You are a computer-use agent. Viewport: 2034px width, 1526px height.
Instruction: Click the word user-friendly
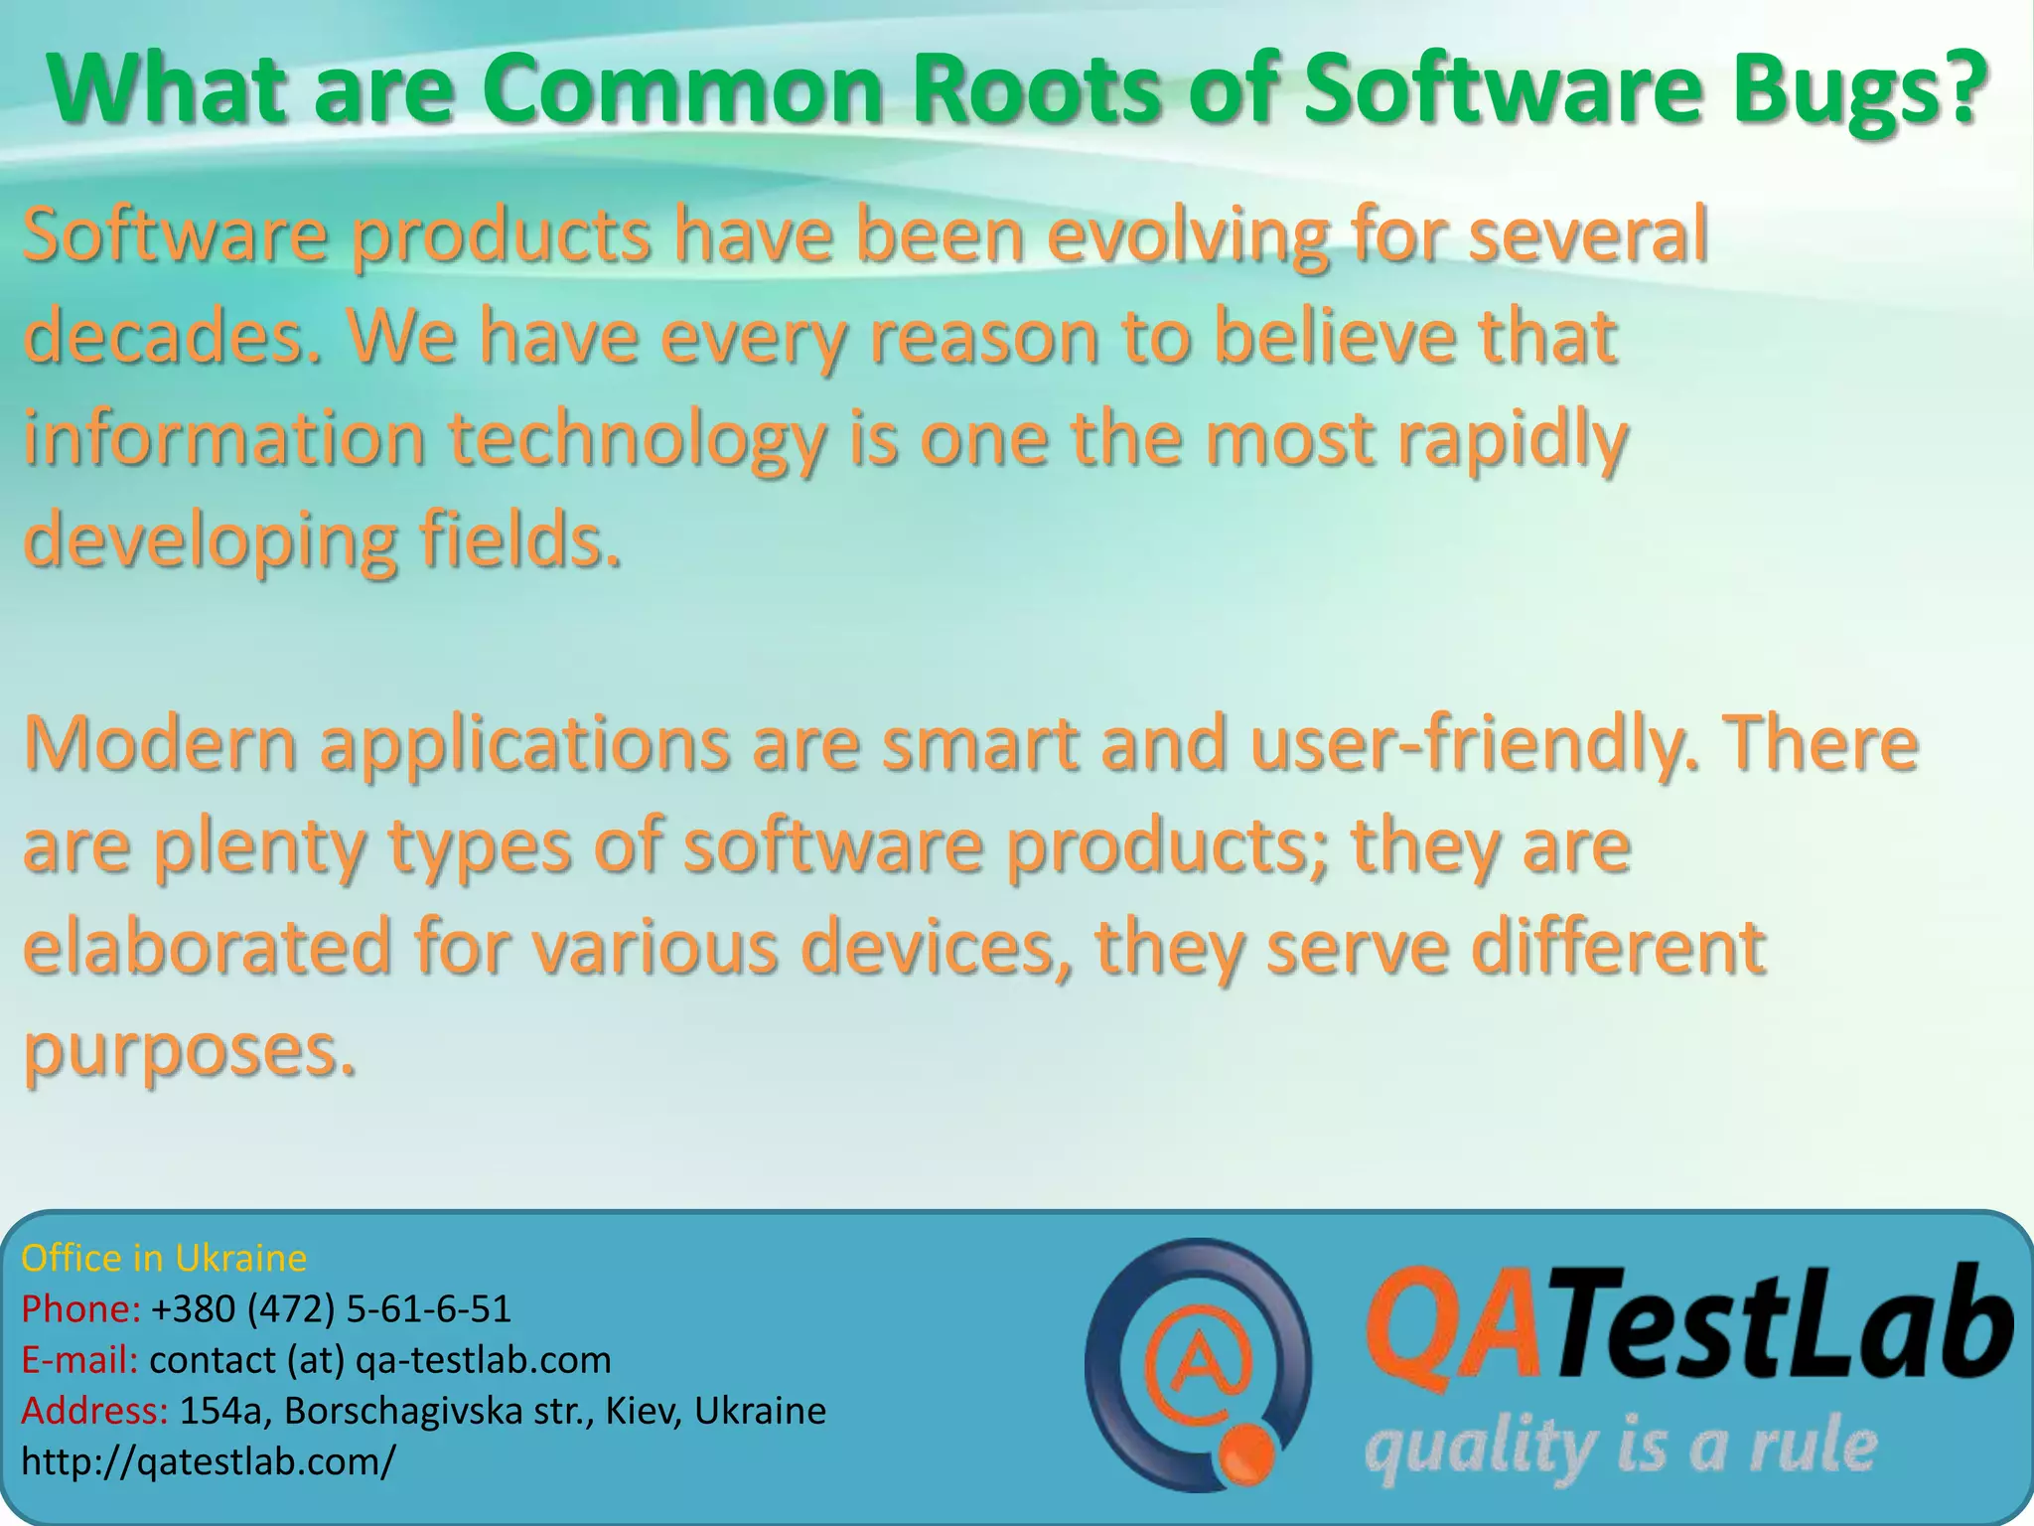pos(1474,745)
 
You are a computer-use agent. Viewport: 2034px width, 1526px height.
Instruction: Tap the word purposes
pos(189,1051)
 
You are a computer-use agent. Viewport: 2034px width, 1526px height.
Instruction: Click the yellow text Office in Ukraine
pos(164,1259)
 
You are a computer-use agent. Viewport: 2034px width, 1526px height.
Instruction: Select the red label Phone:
pos(80,1309)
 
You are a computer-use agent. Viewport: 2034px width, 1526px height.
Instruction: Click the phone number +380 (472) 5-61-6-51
pos(331,1309)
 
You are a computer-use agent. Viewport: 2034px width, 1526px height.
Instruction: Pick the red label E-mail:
pos(79,1360)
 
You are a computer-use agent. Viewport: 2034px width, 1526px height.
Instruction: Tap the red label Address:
pos(94,1411)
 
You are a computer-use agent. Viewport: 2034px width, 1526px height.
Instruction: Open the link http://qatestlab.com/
pos(209,1461)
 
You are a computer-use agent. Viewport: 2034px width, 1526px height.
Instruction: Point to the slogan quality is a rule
pos(1620,1449)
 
